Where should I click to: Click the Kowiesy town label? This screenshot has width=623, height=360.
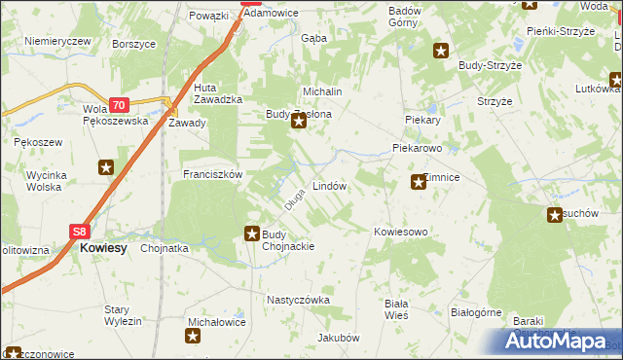[104, 248]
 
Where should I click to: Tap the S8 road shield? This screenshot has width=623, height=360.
[80, 232]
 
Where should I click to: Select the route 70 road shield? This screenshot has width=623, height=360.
[118, 105]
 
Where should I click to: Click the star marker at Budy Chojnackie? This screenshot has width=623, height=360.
[251, 234]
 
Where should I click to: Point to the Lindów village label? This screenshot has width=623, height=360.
[329, 185]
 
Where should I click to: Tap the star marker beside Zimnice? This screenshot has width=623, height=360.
[419, 181]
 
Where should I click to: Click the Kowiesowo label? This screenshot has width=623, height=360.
[401, 232]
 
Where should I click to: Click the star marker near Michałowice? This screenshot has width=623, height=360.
[193, 337]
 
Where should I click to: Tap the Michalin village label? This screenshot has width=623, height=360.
[323, 90]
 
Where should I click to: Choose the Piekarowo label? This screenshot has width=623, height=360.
[418, 149]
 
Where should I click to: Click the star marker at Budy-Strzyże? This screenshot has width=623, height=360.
[441, 51]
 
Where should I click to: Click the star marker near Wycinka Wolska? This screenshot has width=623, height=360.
[105, 167]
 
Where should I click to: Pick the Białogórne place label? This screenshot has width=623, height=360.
[476, 312]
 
